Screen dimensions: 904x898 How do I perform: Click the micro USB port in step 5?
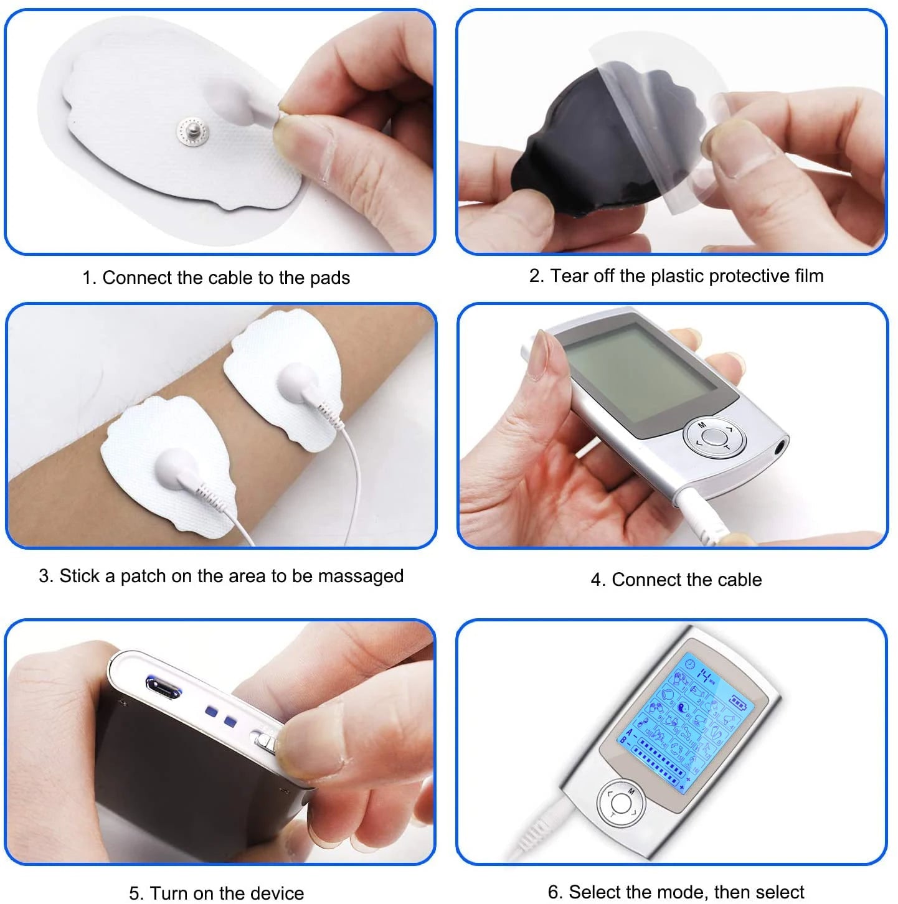163,687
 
